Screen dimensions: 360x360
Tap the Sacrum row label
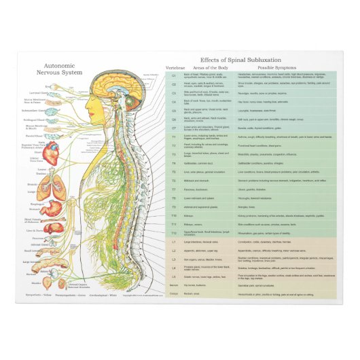[173, 286]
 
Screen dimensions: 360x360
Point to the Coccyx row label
[173, 295]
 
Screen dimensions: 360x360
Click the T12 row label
[173, 232]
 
